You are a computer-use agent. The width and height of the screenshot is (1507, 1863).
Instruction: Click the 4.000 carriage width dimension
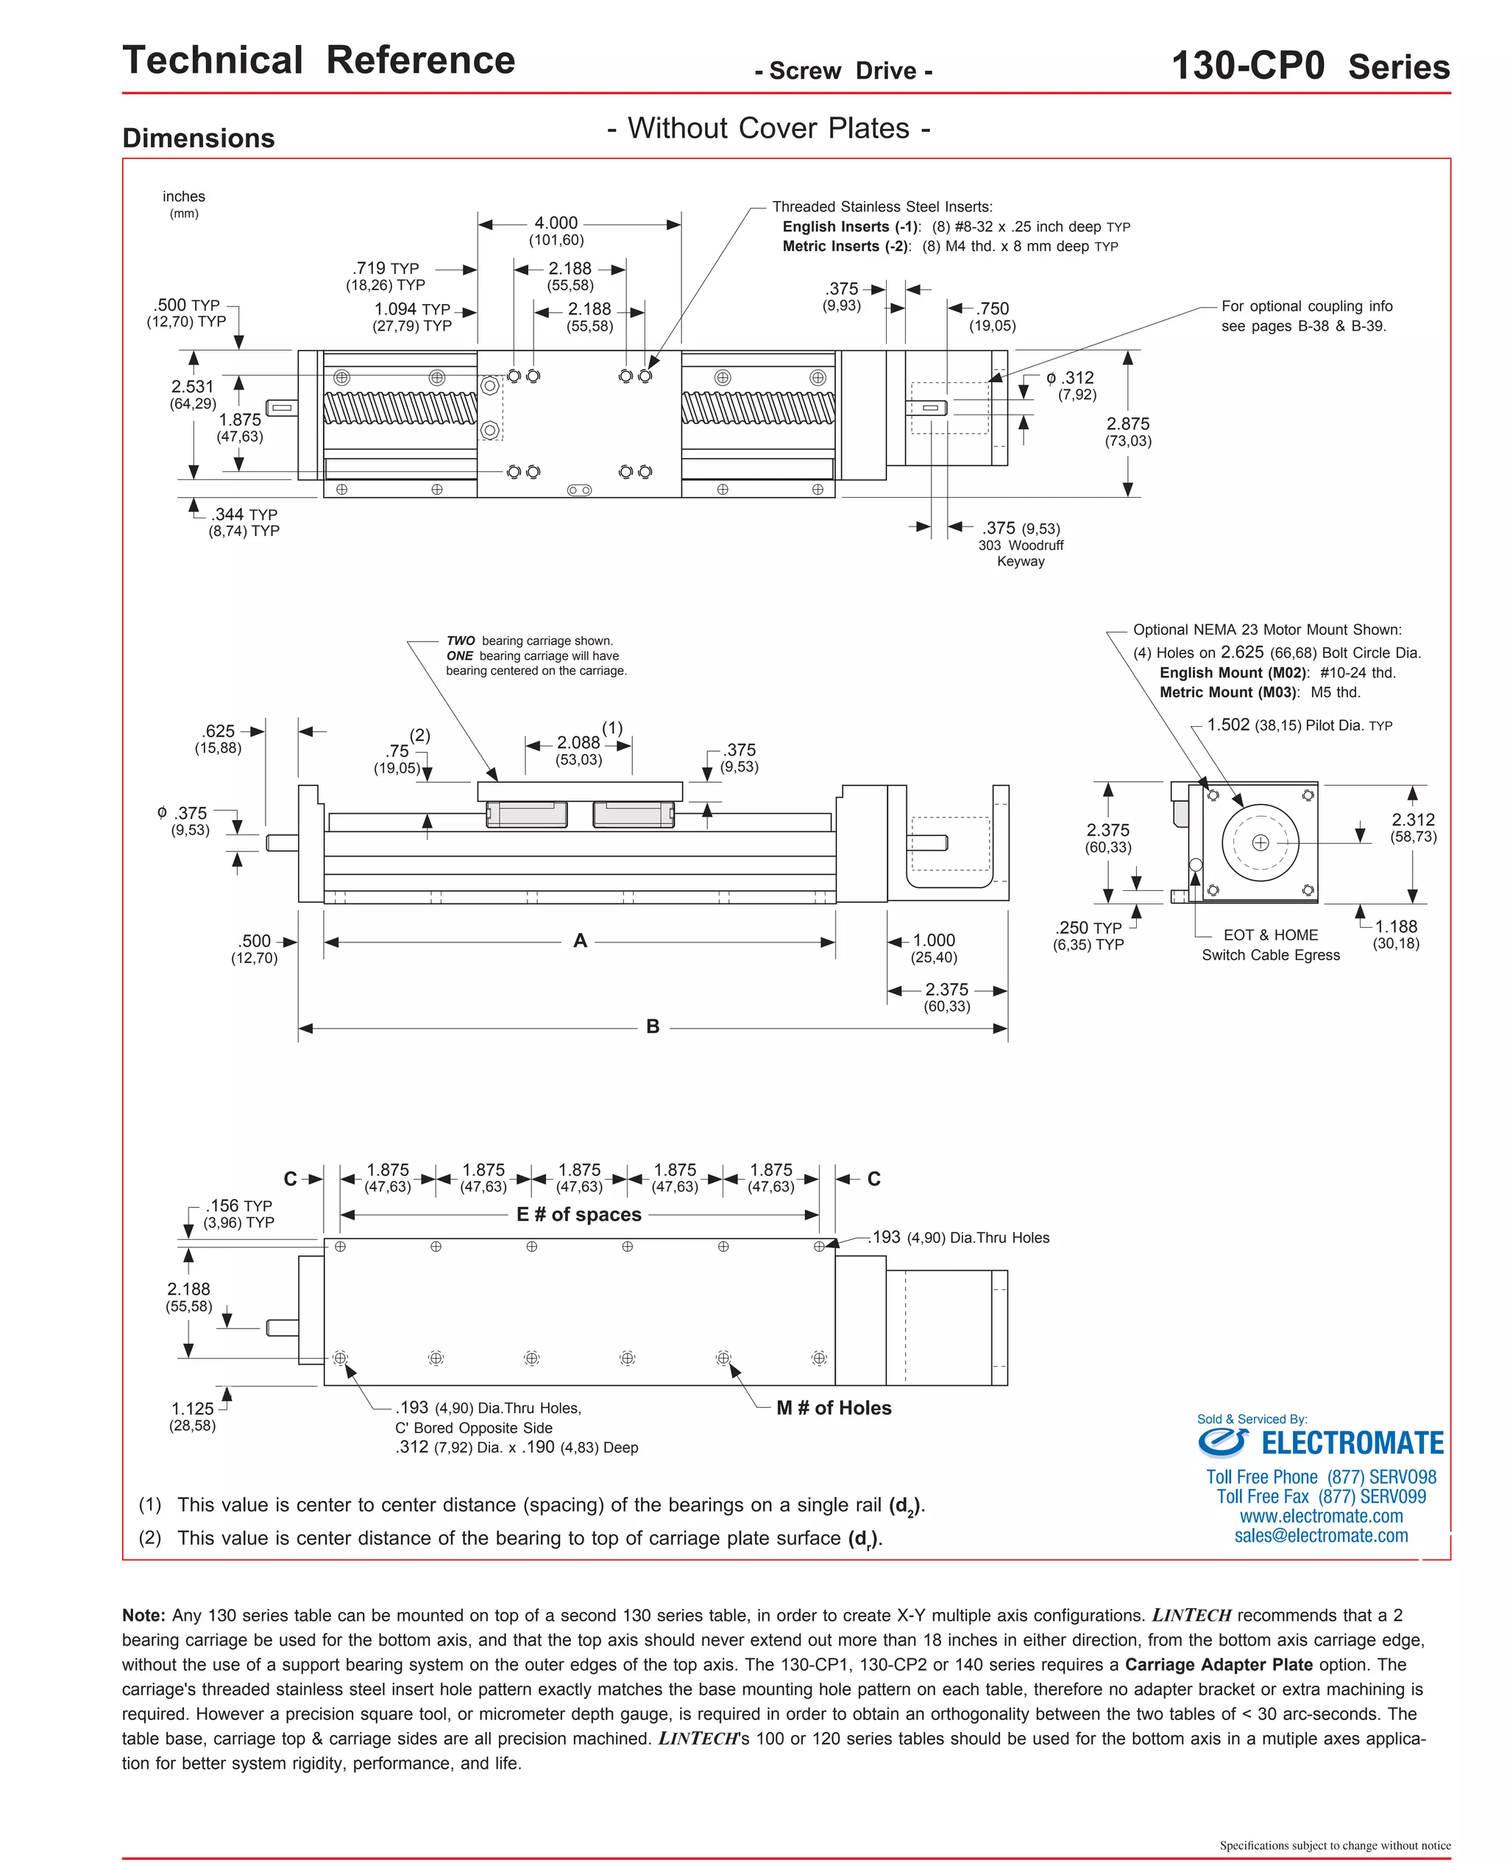point(556,223)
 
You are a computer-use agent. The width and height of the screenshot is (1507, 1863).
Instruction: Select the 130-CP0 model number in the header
point(1247,66)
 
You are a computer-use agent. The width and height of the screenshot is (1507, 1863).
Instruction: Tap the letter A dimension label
point(580,940)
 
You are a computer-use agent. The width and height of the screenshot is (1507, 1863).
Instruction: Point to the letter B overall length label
point(653,1026)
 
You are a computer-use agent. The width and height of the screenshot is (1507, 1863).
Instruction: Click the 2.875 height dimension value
point(1127,424)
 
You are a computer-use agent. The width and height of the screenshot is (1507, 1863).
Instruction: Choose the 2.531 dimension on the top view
point(192,387)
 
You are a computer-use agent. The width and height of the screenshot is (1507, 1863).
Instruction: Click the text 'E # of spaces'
point(579,1214)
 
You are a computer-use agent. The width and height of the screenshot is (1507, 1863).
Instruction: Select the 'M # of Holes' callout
point(834,1408)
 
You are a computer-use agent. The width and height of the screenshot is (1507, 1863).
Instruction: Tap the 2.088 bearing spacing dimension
point(578,742)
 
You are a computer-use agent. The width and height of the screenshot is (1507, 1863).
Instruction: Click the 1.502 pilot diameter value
point(1228,725)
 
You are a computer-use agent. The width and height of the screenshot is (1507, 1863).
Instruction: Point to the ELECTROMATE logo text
point(1352,1443)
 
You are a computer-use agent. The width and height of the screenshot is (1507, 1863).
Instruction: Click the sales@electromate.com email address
point(1322,1535)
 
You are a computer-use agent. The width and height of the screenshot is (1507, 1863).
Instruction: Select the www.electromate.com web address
point(1322,1515)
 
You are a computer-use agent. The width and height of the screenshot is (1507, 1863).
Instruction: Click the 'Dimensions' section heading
point(199,138)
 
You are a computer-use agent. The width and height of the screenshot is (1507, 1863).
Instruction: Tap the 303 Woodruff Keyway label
point(1021,553)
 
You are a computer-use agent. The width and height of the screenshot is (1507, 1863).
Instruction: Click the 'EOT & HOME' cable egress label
point(1270,935)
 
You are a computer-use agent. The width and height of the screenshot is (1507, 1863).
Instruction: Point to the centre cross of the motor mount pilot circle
point(1260,842)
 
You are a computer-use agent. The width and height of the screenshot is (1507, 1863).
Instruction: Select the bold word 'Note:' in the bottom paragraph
point(144,1616)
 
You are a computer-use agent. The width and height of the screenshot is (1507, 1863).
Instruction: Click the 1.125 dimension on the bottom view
point(192,1409)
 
